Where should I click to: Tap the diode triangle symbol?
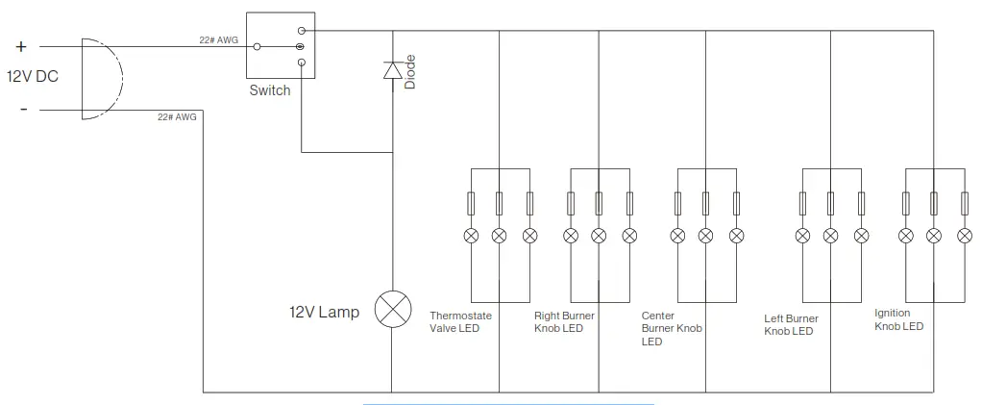(x=392, y=70)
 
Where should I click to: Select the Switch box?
(x=280, y=46)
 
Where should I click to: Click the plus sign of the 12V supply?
(x=21, y=46)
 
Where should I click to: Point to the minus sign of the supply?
(x=23, y=109)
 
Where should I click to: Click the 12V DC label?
(x=33, y=76)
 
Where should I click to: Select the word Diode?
(x=410, y=71)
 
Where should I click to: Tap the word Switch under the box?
(x=270, y=90)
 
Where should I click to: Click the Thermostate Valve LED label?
(x=460, y=322)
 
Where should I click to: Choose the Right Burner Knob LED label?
(x=566, y=322)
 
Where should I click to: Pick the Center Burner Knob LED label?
(x=672, y=328)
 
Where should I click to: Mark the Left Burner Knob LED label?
(x=791, y=325)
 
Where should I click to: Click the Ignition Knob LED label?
(x=899, y=319)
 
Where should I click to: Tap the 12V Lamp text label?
(x=324, y=313)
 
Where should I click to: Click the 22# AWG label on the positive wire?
(x=219, y=40)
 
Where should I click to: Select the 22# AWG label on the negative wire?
(x=177, y=117)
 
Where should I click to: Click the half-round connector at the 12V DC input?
(x=102, y=79)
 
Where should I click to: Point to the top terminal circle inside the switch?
(x=302, y=32)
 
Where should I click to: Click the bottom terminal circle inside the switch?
(x=302, y=63)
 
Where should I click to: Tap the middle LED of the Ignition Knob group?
(x=932, y=236)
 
